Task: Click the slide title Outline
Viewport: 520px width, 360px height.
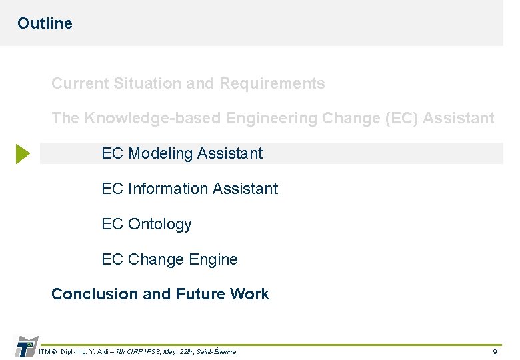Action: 45,23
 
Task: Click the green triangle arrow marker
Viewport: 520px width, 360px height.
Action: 23,154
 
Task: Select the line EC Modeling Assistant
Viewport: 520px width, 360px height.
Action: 182,153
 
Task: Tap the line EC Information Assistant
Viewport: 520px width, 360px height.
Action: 189,189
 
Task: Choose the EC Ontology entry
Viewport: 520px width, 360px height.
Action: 146,224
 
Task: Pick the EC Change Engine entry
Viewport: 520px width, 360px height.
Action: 169,259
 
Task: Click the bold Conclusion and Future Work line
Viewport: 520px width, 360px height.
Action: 160,294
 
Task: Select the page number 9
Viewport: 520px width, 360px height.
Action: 495,351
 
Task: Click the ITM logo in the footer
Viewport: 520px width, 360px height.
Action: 25,347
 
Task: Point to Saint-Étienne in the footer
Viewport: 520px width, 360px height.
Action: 216,351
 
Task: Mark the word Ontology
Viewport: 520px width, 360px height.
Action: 159,224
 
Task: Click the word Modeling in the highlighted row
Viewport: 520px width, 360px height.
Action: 158,153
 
